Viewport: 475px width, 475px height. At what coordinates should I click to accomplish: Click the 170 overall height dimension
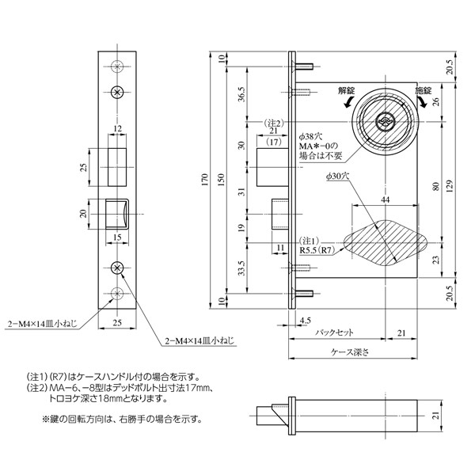click(x=205, y=180)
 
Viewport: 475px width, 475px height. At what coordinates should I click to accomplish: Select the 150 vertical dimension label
click(x=222, y=180)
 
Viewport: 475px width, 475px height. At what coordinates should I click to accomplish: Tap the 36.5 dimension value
click(x=242, y=94)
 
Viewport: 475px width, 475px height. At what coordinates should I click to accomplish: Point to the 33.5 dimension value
click(x=241, y=268)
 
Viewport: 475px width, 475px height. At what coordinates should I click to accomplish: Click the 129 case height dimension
click(x=449, y=186)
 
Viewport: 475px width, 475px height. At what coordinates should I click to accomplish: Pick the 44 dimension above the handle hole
click(x=385, y=199)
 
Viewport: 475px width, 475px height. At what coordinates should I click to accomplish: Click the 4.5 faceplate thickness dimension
click(x=305, y=320)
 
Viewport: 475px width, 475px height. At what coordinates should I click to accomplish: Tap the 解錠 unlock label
click(x=347, y=90)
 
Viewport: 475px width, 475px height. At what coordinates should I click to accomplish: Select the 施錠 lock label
click(x=424, y=90)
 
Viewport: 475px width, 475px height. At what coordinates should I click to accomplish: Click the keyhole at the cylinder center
click(x=384, y=121)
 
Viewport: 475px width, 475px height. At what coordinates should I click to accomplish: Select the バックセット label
click(x=334, y=332)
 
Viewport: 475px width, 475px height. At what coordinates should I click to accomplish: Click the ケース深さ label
click(x=350, y=352)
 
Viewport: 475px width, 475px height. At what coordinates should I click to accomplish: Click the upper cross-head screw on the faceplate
click(x=117, y=93)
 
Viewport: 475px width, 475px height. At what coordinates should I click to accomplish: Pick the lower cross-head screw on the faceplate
click(x=117, y=268)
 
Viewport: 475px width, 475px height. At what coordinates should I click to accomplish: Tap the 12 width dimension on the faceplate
click(x=117, y=129)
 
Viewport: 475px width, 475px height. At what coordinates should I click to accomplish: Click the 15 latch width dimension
click(x=117, y=237)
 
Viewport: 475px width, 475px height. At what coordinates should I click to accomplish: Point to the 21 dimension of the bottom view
click(x=435, y=416)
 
